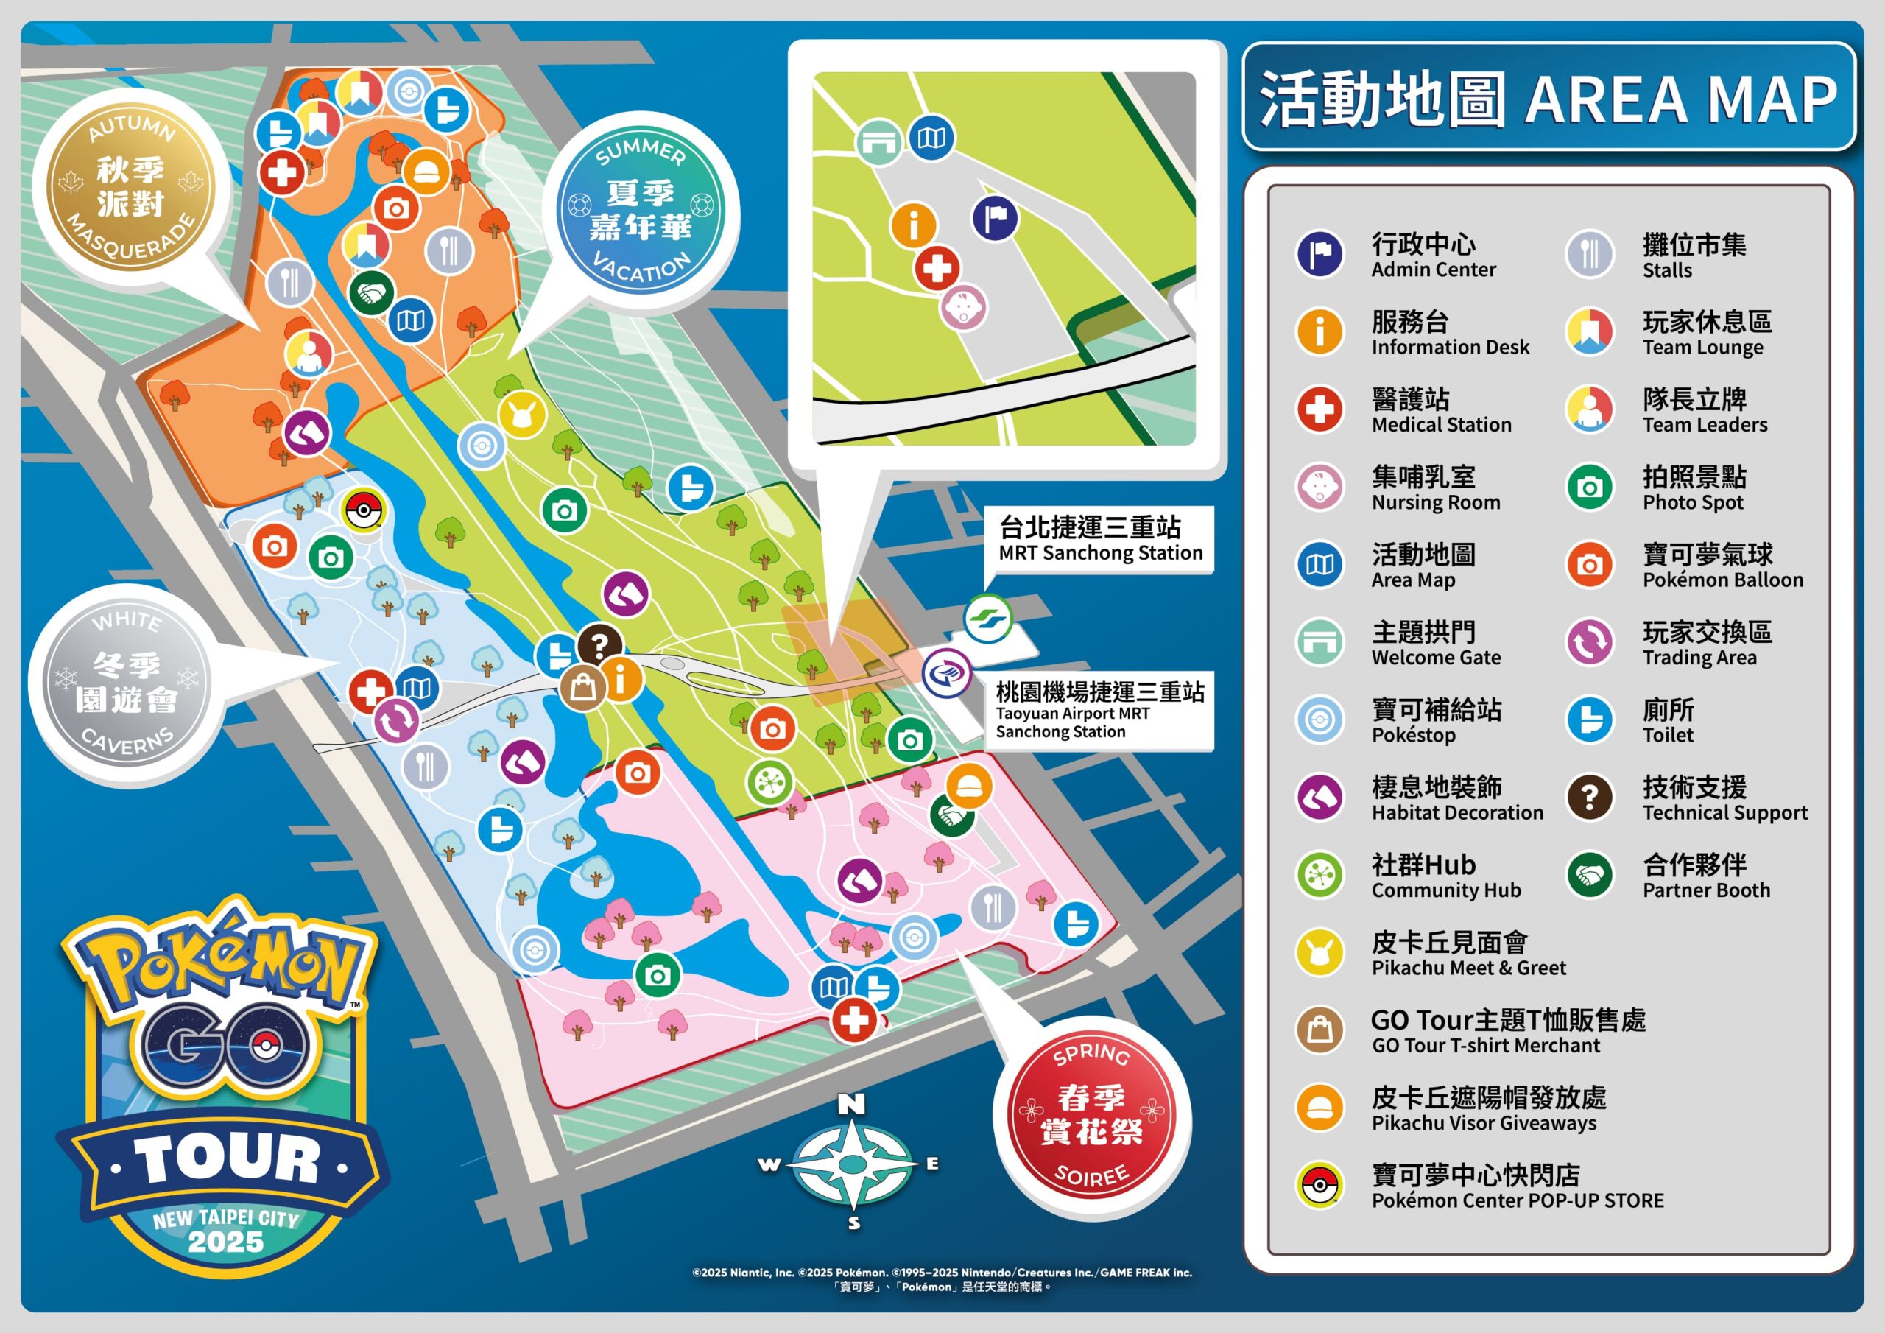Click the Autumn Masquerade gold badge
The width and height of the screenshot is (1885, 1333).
click(130, 187)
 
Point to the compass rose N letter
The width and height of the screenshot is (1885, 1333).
click(851, 1104)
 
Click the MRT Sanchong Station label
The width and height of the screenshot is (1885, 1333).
click(1099, 540)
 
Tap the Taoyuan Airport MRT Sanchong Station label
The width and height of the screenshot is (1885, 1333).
click(1099, 711)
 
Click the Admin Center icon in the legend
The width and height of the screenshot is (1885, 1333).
click(1319, 254)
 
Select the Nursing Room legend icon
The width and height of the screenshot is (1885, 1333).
click(1319, 486)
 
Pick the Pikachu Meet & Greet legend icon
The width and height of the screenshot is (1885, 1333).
click(1319, 952)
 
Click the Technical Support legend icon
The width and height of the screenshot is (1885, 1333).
click(1590, 797)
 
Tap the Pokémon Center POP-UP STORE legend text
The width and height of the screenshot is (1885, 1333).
click(1516, 1186)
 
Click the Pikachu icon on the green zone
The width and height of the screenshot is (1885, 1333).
click(521, 415)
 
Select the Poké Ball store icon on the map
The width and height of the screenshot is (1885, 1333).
click(362, 511)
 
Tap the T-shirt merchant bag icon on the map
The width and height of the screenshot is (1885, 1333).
click(582, 686)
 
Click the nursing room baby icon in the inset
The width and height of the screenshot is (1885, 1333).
click(963, 308)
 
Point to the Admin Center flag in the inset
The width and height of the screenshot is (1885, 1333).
click(995, 219)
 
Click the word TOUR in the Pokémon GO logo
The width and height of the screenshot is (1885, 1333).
click(227, 1160)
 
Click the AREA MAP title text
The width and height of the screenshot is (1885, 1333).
click(1680, 99)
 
